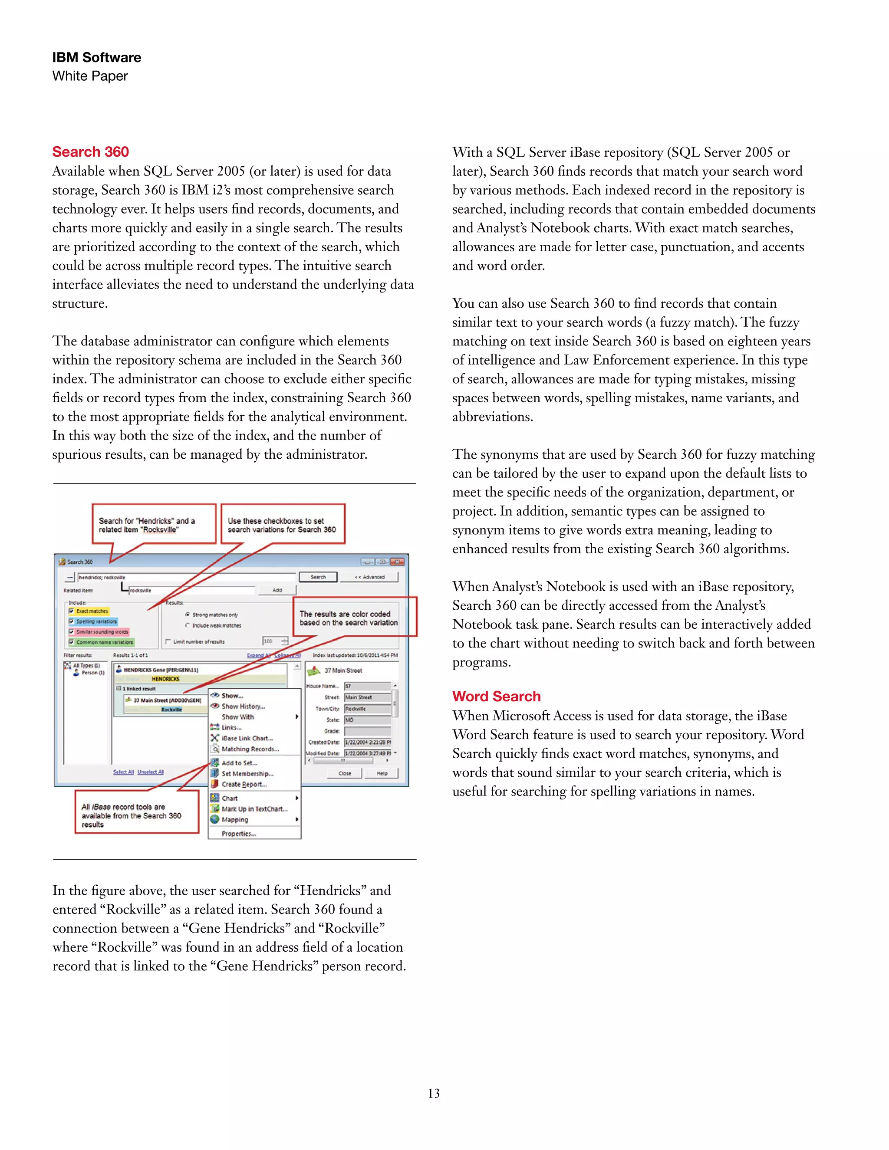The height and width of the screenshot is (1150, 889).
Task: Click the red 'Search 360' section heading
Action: click(x=91, y=152)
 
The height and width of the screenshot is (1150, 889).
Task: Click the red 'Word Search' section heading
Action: click(x=496, y=697)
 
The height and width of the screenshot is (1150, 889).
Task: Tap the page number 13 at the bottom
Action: click(x=434, y=1094)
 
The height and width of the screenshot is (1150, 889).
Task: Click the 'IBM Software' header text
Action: click(x=96, y=57)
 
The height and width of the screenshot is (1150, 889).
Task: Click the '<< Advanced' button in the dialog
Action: click(x=369, y=577)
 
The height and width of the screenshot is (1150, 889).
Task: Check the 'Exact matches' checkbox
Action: click(x=71, y=611)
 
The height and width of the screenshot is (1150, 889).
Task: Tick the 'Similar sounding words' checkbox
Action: click(x=71, y=632)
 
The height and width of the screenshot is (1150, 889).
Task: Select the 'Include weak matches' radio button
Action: click(x=188, y=625)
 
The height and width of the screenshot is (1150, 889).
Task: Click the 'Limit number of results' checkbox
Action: click(x=168, y=642)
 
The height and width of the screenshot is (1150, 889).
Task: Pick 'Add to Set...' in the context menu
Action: click(x=239, y=763)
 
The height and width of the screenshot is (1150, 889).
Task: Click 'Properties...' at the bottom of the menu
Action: click(x=239, y=834)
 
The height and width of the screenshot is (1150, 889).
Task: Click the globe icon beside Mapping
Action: click(x=215, y=820)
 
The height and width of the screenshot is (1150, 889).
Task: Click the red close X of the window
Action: click(x=398, y=562)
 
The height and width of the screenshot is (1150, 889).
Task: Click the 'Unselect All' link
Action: click(x=151, y=772)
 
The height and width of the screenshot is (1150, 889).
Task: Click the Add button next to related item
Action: click(x=277, y=590)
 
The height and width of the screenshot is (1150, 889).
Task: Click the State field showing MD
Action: click(x=367, y=720)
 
